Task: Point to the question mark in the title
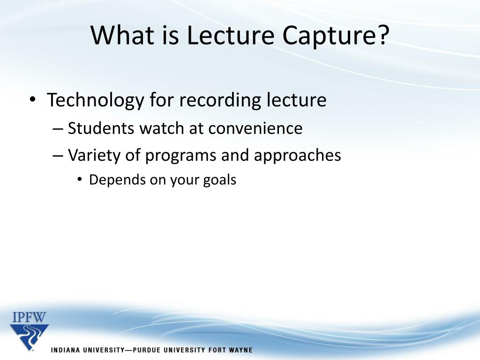coord(382,36)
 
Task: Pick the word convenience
coord(255,128)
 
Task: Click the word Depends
coord(117,180)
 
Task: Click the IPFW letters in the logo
coord(29,317)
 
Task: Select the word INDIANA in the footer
coord(69,350)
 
